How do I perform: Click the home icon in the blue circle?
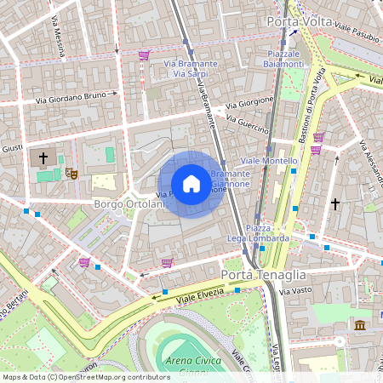(191, 184)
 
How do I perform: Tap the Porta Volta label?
(299, 21)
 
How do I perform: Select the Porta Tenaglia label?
(262, 274)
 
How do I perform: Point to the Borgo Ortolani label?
(129, 205)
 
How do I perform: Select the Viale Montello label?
(270, 161)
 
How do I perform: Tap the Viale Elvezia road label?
(199, 294)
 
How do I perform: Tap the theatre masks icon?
(73, 174)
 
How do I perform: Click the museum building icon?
(360, 325)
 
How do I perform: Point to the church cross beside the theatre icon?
(42, 158)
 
